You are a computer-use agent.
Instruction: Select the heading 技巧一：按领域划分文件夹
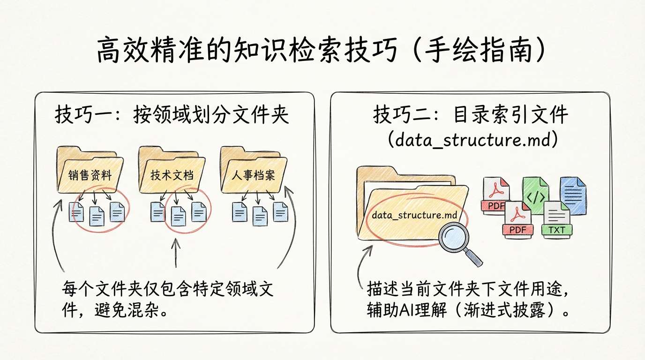pos(172,115)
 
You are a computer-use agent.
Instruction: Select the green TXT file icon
pos(556,219)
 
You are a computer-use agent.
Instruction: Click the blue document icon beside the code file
pos(573,195)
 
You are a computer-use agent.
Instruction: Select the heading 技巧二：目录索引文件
pos(471,115)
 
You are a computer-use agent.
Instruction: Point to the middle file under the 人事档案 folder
pos(260,215)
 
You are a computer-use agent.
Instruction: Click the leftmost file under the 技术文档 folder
pos(157,212)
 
